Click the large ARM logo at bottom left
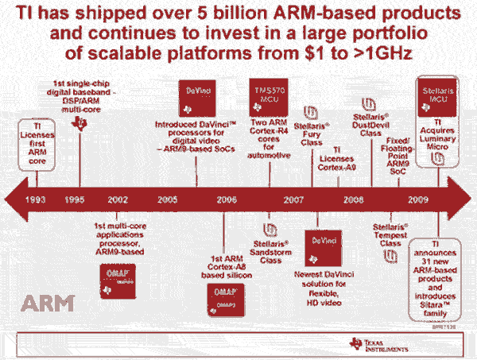[47, 303]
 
